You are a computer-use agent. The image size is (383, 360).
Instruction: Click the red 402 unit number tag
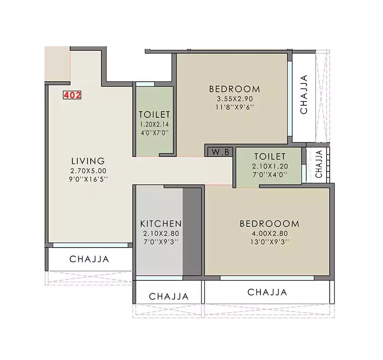pos(72,95)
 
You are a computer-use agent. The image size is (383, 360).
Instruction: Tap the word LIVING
pos(88,161)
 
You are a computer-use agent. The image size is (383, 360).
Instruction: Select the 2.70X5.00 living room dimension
pos(88,171)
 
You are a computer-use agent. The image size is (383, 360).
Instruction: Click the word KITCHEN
pos(161,224)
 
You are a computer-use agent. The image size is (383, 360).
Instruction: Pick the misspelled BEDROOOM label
pos(269,224)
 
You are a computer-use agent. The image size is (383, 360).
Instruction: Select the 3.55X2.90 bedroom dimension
pos(235,99)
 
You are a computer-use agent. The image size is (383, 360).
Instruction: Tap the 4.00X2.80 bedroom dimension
pos(269,234)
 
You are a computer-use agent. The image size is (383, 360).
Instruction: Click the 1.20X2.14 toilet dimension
pos(154,124)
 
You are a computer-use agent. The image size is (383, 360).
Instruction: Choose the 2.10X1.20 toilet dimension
pos(270,166)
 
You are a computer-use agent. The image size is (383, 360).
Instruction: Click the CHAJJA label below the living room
pos(89,259)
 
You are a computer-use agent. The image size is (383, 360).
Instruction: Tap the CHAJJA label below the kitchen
pos(168,296)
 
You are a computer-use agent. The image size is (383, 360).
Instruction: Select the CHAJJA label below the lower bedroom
pos(267,292)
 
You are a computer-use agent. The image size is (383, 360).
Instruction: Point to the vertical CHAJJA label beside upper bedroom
pos(304,95)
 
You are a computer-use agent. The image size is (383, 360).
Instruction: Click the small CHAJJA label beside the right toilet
pos(319,164)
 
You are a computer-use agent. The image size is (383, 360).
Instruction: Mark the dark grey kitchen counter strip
pos(192,231)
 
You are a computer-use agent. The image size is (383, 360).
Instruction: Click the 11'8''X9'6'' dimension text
pos(235,107)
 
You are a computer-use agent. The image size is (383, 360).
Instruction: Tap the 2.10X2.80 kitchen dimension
pos(161,234)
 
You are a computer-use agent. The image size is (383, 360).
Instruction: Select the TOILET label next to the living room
pos(154,115)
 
